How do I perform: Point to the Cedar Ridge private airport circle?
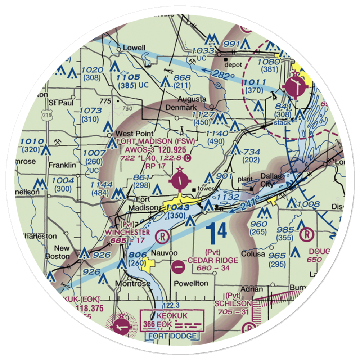179,267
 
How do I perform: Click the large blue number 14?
217,231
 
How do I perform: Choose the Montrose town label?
132,284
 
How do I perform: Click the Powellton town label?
191,283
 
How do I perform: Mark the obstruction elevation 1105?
128,77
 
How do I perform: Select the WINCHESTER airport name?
122,232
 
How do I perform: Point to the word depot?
231,65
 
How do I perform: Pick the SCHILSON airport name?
233,303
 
